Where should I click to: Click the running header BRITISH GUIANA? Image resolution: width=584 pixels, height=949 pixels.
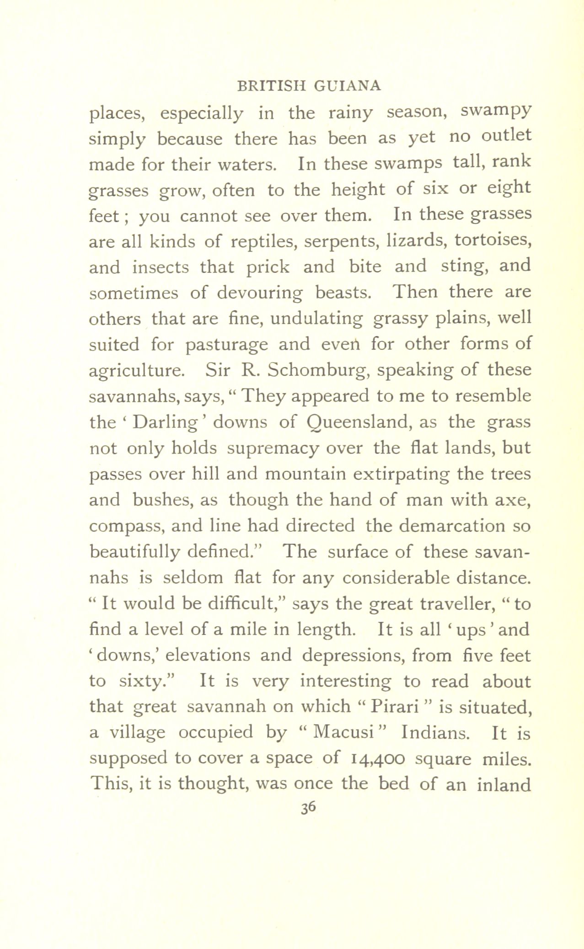(x=310, y=86)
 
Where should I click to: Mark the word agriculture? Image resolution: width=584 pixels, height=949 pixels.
(x=137, y=370)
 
